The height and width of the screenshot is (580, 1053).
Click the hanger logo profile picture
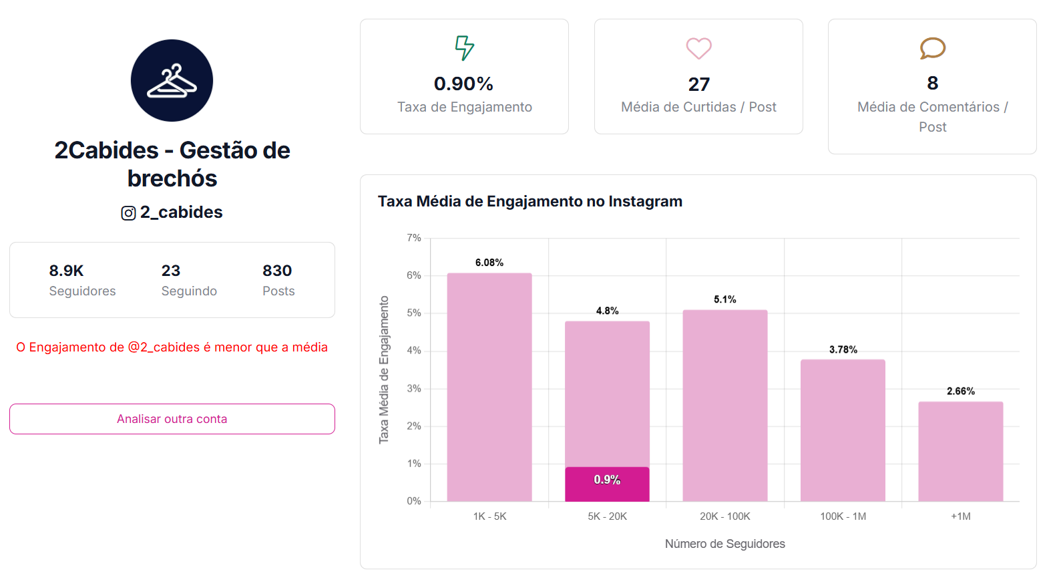click(172, 80)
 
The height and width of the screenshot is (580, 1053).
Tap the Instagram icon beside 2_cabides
click(128, 213)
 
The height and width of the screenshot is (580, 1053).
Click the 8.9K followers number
click(66, 271)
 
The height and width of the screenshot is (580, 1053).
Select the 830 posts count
click(277, 271)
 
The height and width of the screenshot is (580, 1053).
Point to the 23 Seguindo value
click(171, 271)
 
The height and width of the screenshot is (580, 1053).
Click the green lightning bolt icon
click(464, 48)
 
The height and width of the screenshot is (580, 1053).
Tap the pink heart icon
click(698, 48)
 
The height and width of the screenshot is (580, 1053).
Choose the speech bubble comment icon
click(932, 48)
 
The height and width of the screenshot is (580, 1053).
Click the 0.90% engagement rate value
click(463, 84)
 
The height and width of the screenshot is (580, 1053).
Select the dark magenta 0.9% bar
click(607, 484)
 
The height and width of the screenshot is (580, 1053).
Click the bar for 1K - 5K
click(489, 387)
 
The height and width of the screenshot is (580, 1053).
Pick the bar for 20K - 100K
click(725, 405)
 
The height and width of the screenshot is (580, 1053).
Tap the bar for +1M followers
click(960, 451)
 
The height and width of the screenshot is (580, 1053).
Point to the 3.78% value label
click(843, 349)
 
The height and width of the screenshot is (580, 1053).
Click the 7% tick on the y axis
click(414, 238)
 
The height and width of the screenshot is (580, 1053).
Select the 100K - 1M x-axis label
click(843, 517)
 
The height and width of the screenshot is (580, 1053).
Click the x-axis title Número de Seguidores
click(724, 544)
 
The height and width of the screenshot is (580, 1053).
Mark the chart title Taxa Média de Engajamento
click(530, 201)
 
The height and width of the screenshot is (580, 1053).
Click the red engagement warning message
click(172, 347)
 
